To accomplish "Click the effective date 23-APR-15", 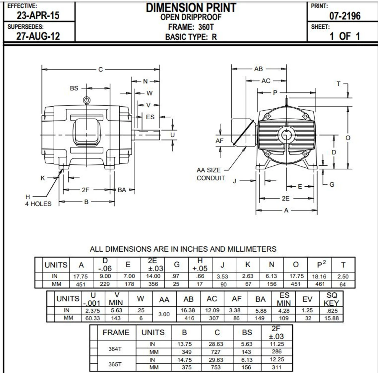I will tap(38, 15).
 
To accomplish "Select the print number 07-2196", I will tap(345, 16).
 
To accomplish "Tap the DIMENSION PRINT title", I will tap(191, 8).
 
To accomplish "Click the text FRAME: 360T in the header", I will tap(191, 27).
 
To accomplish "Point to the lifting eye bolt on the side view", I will tap(87, 100).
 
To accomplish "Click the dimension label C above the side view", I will tap(100, 70).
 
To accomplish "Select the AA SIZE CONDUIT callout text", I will tap(211, 174).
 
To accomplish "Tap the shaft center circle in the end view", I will tap(286, 135).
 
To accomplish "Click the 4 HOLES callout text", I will tap(38, 204).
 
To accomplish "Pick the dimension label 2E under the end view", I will tap(285, 198).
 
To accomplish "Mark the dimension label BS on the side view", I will tap(74, 88).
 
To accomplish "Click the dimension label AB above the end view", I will tap(258, 69).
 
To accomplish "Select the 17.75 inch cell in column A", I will tap(81, 277).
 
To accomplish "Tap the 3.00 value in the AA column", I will tap(164, 314).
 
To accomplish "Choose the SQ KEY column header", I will tap(331, 299).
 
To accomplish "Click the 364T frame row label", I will tap(115, 349).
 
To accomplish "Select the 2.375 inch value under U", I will tap(93, 311).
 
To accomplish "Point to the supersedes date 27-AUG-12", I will tap(38, 36).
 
